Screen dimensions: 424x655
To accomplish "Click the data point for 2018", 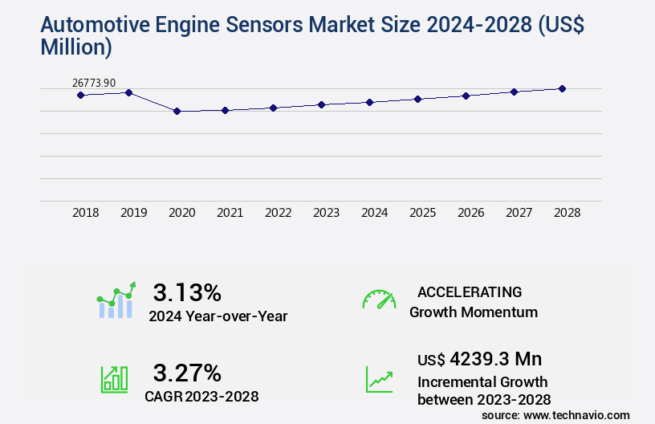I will (x=80, y=95).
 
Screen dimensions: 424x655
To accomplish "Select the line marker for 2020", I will (x=177, y=112).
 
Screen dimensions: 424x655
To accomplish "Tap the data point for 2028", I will (x=562, y=88).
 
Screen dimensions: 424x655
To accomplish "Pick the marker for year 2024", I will (x=369, y=102).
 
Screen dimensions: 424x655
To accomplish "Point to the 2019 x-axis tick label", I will (x=133, y=213).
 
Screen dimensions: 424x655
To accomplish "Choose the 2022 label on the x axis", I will (x=278, y=213).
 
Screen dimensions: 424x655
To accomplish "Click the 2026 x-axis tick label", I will (x=470, y=213).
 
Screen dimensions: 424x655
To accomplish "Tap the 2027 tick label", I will (x=519, y=213).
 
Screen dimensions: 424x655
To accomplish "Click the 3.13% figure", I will (x=187, y=291).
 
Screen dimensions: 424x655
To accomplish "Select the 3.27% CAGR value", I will (x=187, y=373).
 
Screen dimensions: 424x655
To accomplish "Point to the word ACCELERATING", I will (x=470, y=292).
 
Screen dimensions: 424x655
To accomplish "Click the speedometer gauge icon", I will (x=379, y=300).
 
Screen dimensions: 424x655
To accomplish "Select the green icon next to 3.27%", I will (x=114, y=379).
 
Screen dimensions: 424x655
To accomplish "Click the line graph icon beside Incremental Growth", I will (x=379, y=379).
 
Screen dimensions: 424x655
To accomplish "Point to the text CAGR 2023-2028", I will (x=201, y=396).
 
